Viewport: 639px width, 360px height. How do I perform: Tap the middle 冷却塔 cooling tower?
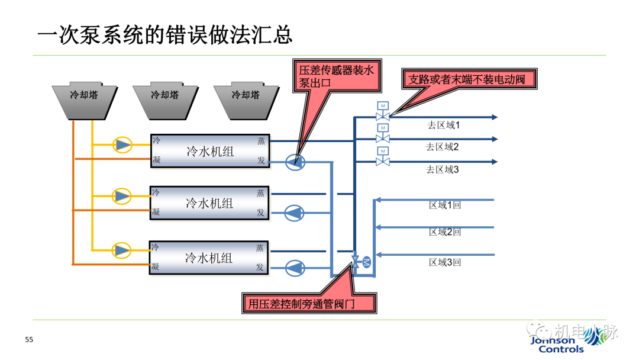click(165, 99)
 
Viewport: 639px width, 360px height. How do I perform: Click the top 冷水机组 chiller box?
click(209, 151)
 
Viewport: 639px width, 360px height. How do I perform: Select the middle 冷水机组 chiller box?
click(209, 203)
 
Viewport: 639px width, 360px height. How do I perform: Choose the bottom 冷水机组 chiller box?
click(209, 258)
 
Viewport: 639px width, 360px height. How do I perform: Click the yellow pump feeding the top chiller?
click(122, 144)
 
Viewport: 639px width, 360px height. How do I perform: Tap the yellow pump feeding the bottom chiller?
click(122, 250)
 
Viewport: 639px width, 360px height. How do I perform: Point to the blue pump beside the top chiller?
click(294, 161)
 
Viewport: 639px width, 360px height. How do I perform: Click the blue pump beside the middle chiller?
click(294, 213)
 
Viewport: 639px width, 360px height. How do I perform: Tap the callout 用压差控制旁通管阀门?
click(309, 303)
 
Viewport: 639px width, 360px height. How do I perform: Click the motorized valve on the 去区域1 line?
click(383, 115)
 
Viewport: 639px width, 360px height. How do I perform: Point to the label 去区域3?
click(443, 169)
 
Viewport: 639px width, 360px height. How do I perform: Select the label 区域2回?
click(445, 232)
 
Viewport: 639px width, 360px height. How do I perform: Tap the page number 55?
click(29, 339)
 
